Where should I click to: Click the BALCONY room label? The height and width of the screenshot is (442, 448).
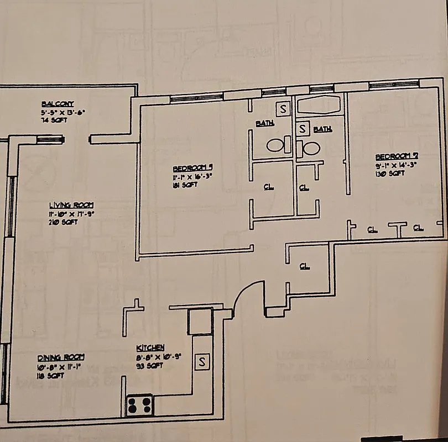point(57,104)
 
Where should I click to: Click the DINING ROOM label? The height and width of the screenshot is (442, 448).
point(61,357)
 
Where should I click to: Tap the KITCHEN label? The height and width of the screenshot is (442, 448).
point(150,348)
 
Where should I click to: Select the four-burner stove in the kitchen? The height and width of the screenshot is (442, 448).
point(139,405)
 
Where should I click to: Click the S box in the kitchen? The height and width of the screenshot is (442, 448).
point(202,362)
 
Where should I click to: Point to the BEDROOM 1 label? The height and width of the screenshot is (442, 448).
point(193,168)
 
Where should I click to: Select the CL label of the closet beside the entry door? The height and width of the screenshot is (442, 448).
point(304,266)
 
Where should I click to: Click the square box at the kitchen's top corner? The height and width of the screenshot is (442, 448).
point(199,322)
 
